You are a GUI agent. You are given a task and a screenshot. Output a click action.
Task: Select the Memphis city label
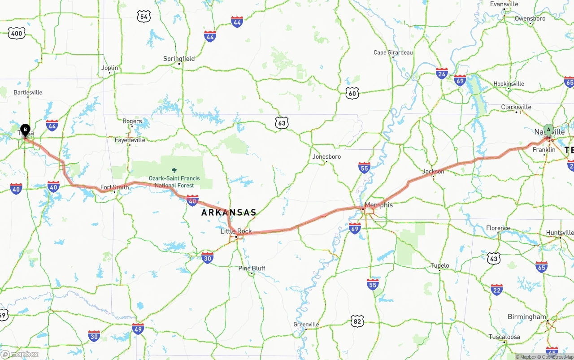pos(378,205)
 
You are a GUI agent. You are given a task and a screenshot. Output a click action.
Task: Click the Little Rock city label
pos(236,231)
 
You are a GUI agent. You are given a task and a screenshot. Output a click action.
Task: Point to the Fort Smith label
pos(114,187)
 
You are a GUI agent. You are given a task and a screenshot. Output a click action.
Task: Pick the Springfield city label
pos(179,59)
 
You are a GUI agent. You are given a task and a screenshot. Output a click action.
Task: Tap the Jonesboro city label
pos(326,156)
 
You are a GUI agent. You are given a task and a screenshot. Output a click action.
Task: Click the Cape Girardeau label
pos(393,52)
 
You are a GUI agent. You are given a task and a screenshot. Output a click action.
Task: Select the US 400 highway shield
pos(17,33)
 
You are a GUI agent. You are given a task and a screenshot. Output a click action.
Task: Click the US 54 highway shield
pos(143,17)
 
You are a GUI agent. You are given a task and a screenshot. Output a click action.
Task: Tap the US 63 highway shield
pos(282,122)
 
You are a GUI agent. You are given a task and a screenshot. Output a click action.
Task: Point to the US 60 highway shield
pos(352,93)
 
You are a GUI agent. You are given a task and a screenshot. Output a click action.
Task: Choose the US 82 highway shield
pos(357,321)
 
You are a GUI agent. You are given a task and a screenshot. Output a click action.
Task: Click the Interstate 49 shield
pos(138,329)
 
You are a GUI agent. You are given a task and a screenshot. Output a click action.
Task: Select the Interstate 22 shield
pos(496,290)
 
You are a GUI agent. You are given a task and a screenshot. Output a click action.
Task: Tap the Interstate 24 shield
pos(442,74)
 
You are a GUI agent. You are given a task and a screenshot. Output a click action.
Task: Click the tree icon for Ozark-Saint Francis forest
pos(174,170)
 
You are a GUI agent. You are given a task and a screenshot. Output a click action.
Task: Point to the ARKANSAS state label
pos(229,213)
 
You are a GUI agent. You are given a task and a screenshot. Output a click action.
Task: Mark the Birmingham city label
pos(527,317)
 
